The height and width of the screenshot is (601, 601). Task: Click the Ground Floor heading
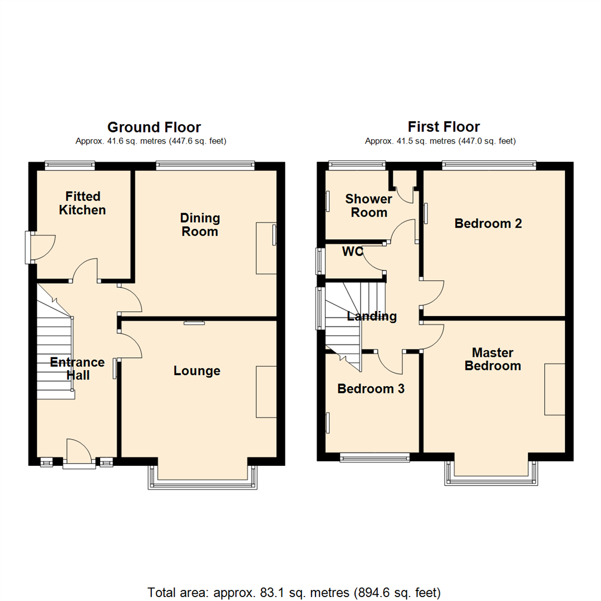point(154,127)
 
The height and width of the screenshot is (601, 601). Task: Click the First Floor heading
point(444,127)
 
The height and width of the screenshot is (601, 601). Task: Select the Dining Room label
point(200,224)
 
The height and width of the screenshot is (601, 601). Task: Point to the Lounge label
point(197,371)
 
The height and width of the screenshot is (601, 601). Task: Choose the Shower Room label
point(369,206)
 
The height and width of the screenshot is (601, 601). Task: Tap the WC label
point(352,252)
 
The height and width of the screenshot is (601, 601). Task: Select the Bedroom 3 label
point(371,389)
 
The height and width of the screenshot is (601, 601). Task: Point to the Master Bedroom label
point(492,359)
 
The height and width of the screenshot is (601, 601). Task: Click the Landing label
point(372,317)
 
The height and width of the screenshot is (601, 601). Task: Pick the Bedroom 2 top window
point(489,165)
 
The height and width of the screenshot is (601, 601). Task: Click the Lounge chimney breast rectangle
point(266,392)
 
